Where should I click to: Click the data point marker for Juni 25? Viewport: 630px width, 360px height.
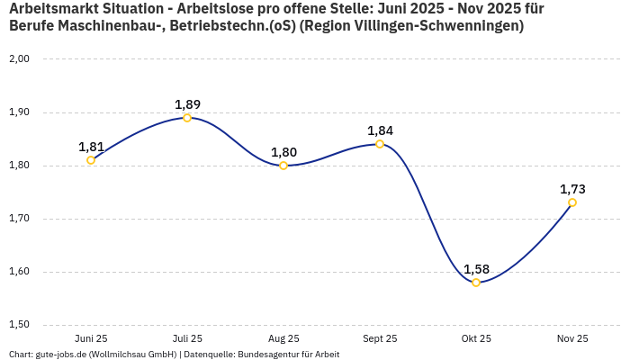(x=91, y=160)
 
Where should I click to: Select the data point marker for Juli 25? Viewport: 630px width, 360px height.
(x=187, y=118)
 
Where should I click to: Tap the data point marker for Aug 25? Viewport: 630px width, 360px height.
(x=283, y=166)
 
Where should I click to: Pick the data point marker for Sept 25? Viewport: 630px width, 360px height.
(x=380, y=144)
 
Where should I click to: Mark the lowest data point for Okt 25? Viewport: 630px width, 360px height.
(x=476, y=283)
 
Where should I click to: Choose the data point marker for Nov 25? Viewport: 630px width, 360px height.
(x=572, y=202)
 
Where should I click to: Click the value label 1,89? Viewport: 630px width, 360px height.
(x=187, y=104)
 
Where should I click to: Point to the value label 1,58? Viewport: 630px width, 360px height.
(x=476, y=269)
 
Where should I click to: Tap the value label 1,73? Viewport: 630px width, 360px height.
(x=572, y=189)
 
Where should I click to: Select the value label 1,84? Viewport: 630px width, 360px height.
(x=380, y=130)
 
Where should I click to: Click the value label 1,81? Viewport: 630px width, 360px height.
(x=91, y=147)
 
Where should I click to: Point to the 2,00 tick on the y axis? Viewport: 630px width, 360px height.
(x=19, y=59)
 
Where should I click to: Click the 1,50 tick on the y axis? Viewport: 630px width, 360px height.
(x=19, y=325)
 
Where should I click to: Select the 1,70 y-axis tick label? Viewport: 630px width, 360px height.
(x=19, y=219)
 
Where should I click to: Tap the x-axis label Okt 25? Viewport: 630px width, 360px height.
(x=476, y=338)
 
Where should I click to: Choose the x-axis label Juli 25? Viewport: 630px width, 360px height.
(x=187, y=338)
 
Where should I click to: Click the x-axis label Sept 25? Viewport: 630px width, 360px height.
(x=380, y=338)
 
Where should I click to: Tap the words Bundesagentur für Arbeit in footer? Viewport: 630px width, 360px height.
(x=288, y=355)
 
